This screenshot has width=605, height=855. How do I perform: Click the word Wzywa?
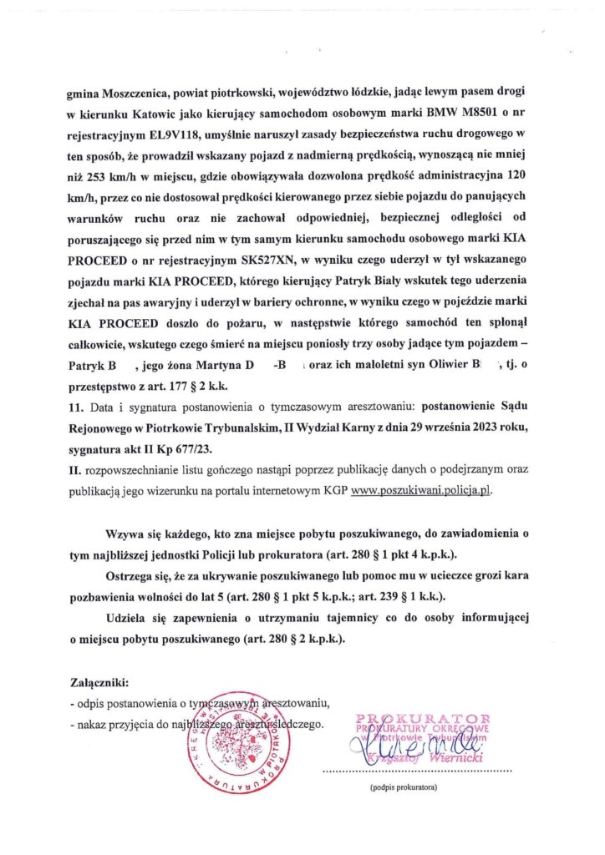[x=125, y=533]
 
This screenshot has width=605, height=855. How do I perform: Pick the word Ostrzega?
[x=132, y=576]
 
